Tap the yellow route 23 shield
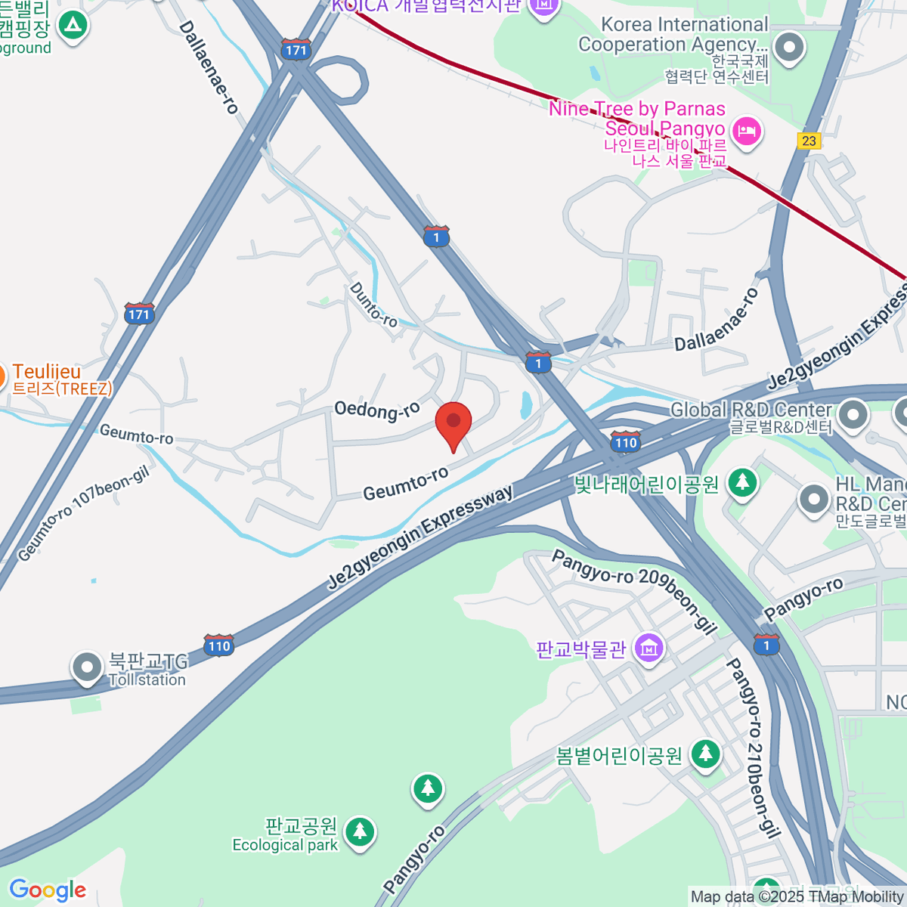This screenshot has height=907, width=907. coord(809,141)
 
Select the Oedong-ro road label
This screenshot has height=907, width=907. coord(376,410)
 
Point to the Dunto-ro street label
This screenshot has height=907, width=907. coord(373,305)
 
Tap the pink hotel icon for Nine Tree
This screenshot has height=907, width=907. coord(747,132)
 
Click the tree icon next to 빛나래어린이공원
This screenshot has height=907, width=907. coord(742,482)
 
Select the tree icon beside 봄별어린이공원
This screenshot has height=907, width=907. coord(705,754)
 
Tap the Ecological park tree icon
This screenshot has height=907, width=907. coord(359,831)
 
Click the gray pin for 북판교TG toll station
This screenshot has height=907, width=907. coord(87,667)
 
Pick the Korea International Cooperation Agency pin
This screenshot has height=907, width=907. coord(789,48)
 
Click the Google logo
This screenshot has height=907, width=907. coord(48,890)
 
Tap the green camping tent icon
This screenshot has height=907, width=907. coord(73,26)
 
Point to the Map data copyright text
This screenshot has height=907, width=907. coord(797,897)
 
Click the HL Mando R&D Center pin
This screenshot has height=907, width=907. coord(814,499)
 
